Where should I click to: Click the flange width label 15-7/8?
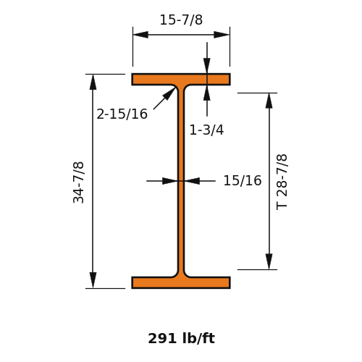[181, 20]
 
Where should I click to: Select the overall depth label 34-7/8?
[78, 182]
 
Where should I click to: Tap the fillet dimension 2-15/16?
[122, 114]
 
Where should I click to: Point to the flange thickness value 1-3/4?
[206, 130]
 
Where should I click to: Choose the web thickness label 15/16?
[243, 180]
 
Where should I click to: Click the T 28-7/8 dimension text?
[282, 182]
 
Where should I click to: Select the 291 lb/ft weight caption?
[181, 338]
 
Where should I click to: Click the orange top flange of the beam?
[181, 80]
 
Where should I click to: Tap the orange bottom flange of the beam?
[181, 282]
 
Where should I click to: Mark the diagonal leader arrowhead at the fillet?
[169, 93]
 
